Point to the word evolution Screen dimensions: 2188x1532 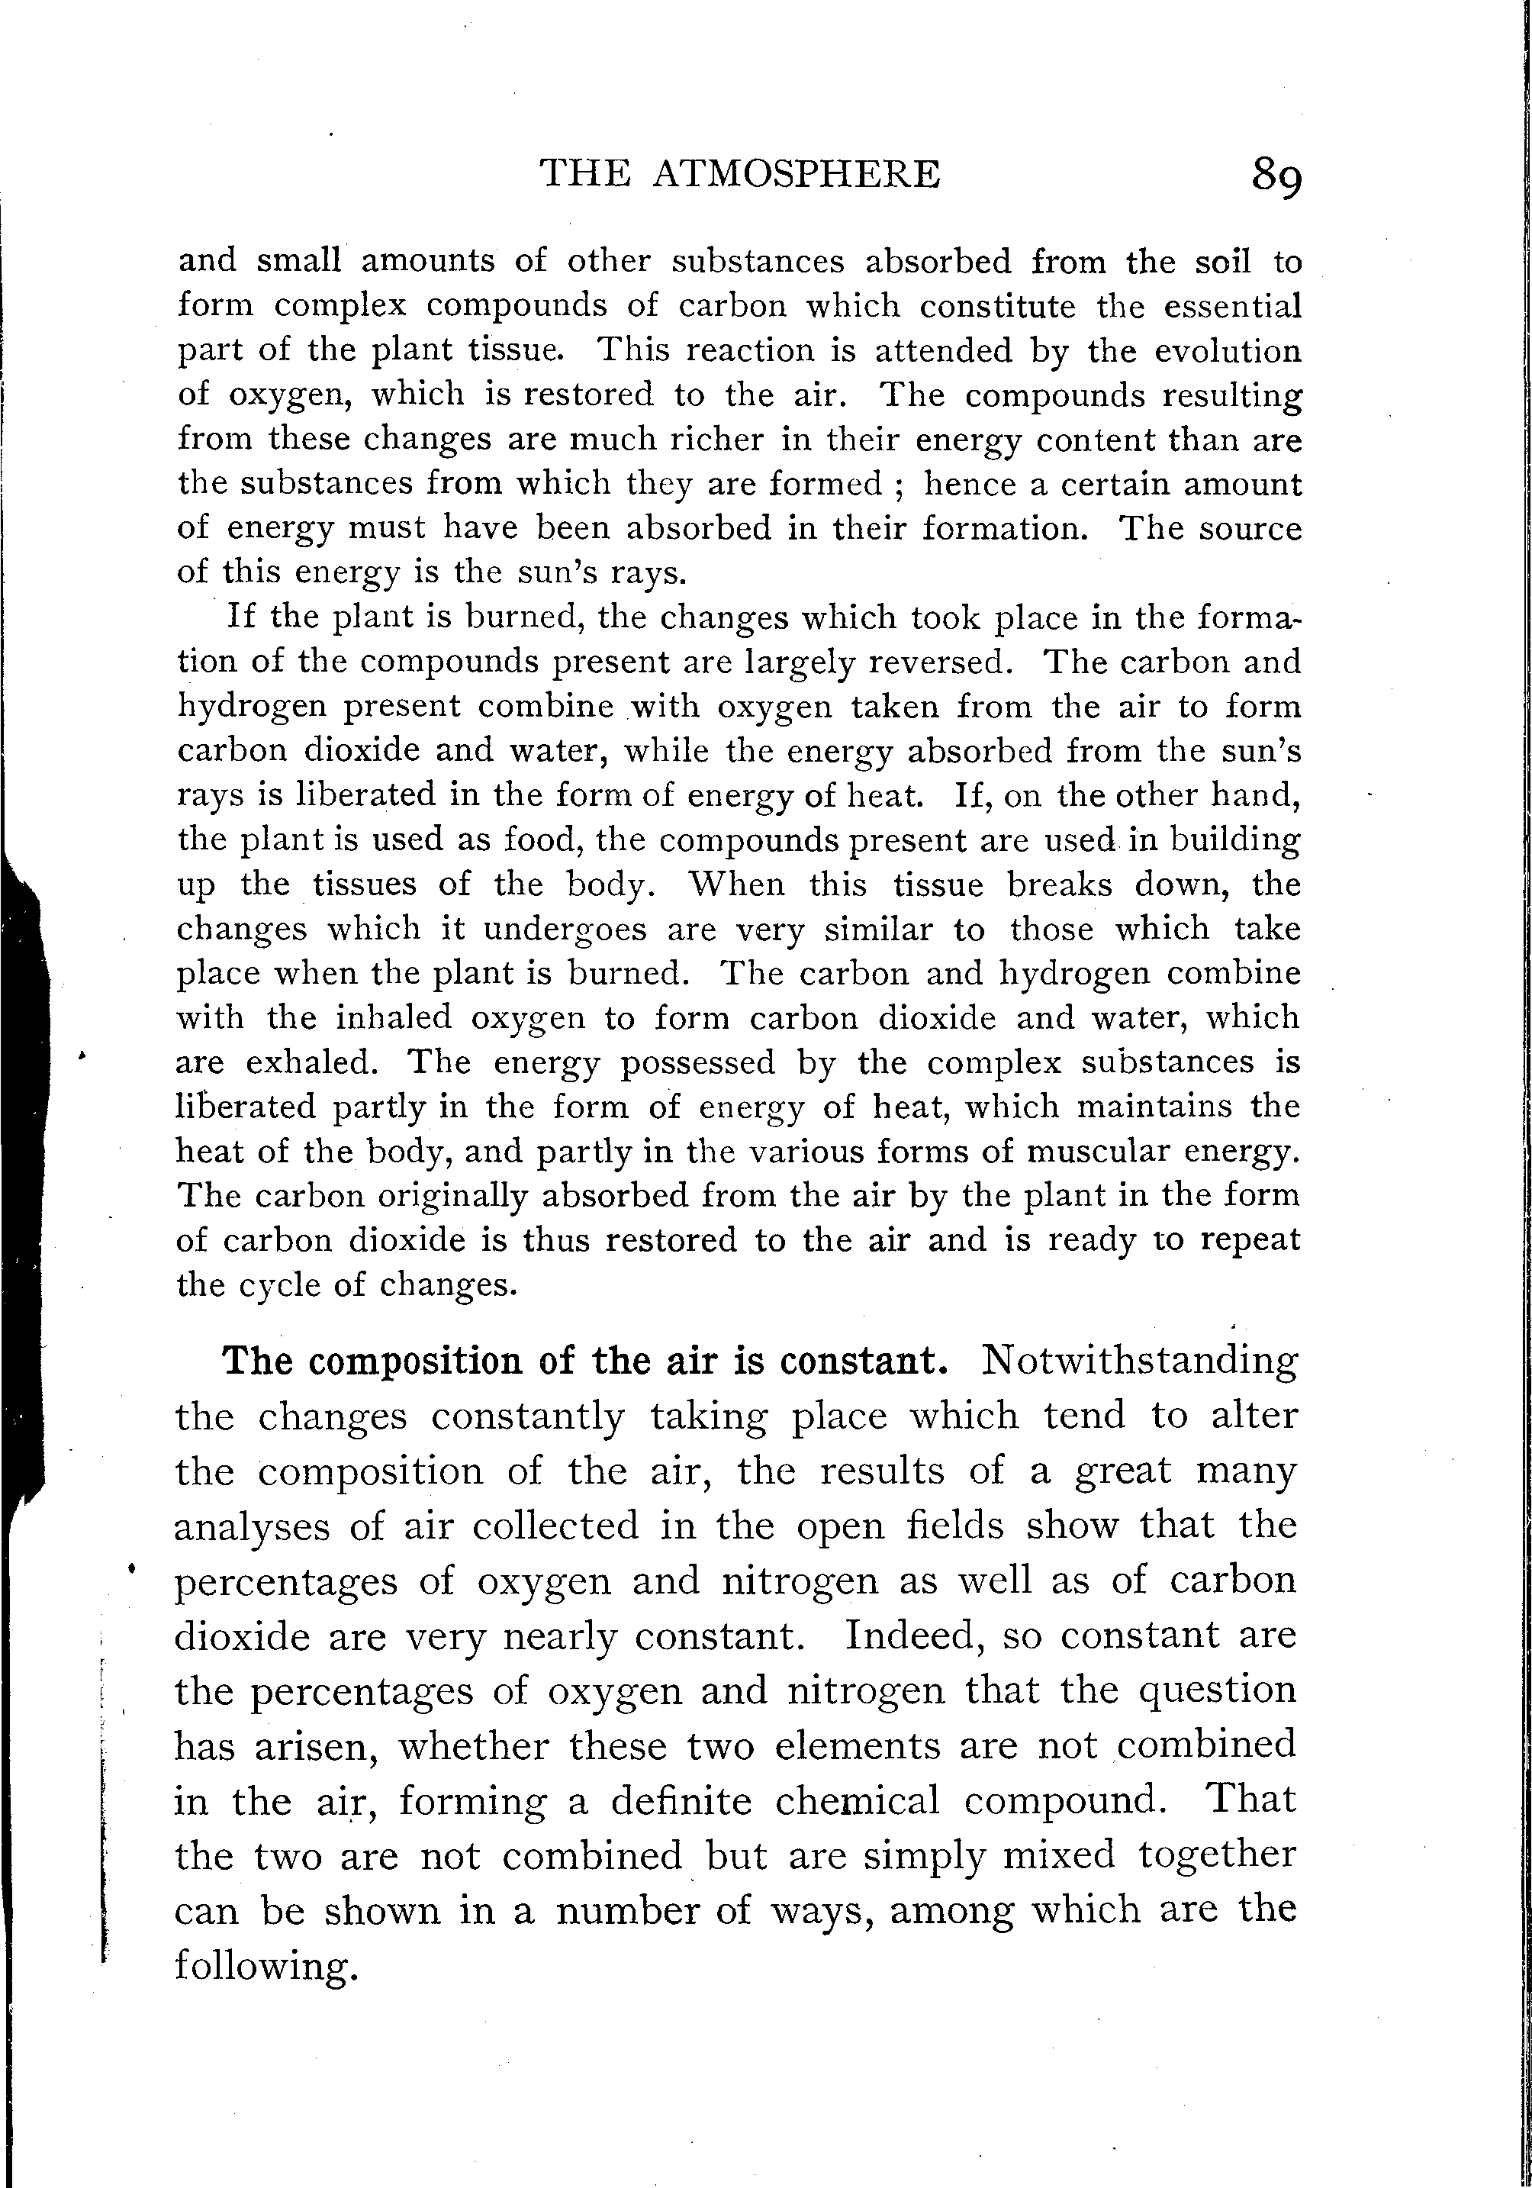click(1227, 351)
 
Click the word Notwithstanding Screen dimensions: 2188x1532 click(1138, 1360)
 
